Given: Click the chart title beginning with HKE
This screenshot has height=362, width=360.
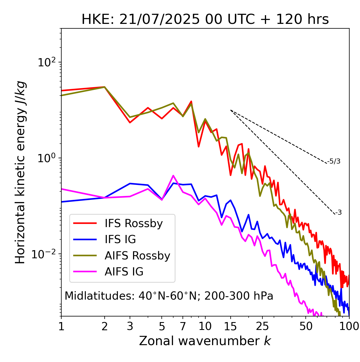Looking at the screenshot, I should point(205,20).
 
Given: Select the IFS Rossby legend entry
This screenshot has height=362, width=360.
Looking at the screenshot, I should point(134,223).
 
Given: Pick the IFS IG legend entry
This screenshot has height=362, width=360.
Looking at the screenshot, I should point(120,239).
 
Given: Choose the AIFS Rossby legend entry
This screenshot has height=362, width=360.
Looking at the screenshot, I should point(137,256).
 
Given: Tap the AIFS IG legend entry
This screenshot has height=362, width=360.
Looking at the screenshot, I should point(124,272).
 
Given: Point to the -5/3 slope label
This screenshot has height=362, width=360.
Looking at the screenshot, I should point(334,161).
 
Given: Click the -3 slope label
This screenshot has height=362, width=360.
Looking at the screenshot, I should point(338,213).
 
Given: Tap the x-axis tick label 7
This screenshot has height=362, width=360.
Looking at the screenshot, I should point(183,326).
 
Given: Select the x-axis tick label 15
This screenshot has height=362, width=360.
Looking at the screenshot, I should point(230,326).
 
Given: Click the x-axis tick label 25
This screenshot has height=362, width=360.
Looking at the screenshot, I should point(262,326).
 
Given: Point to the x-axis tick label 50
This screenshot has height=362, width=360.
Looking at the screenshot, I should point(306,326).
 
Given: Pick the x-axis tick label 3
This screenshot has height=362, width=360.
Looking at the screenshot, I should point(130,326).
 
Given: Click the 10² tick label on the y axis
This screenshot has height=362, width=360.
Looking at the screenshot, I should point(47,62).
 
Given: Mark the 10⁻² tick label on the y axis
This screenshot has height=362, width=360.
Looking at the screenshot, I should point(45,254).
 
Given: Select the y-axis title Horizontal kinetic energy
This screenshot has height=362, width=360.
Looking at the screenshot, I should point(20,172).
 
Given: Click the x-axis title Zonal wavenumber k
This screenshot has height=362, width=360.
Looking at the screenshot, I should point(205,341).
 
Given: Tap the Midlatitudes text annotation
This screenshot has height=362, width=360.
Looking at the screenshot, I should point(169,296).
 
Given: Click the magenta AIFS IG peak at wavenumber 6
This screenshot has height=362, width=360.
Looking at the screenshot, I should point(173,176).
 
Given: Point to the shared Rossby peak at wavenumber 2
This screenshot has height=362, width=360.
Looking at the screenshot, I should point(105,87).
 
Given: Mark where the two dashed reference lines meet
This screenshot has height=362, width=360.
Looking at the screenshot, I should point(231,110).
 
